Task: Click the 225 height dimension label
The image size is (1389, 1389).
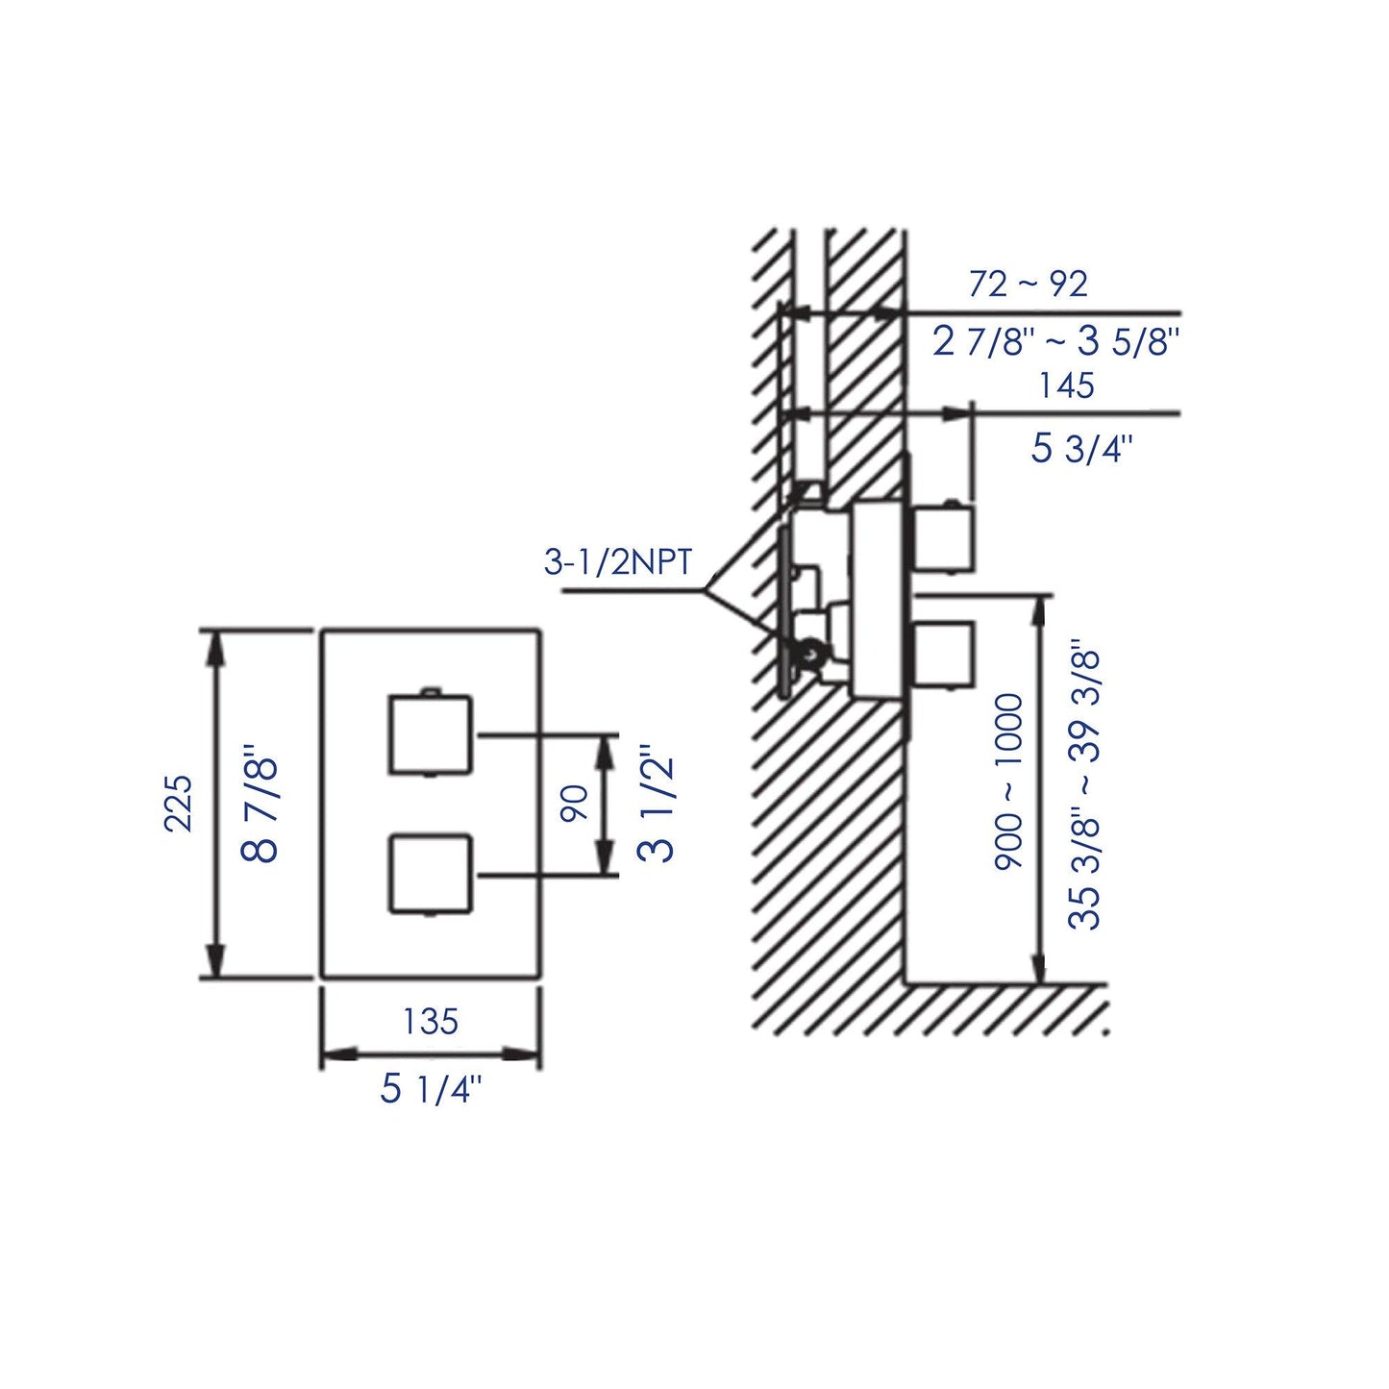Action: pyautogui.click(x=180, y=803)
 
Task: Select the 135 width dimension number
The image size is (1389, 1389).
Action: pyautogui.click(x=430, y=1021)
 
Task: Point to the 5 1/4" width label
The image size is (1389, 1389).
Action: pyautogui.click(x=430, y=1089)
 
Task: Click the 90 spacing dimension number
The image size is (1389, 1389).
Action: pyautogui.click(x=574, y=804)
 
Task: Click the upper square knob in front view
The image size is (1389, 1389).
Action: pyautogui.click(x=431, y=733)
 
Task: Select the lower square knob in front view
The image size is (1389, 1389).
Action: pyautogui.click(x=431, y=873)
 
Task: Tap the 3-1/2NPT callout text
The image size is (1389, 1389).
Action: pyautogui.click(x=618, y=561)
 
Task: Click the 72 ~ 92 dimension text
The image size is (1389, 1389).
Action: pyautogui.click(x=1028, y=285)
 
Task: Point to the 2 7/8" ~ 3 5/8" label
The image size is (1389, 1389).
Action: pyautogui.click(x=1054, y=341)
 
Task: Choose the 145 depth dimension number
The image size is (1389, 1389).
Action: pyautogui.click(x=1066, y=385)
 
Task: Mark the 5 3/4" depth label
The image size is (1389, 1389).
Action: pyautogui.click(x=1081, y=448)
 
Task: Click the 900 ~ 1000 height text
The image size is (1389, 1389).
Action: pyautogui.click(x=1009, y=782)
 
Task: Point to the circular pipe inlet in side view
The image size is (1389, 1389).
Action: pyautogui.click(x=810, y=654)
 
